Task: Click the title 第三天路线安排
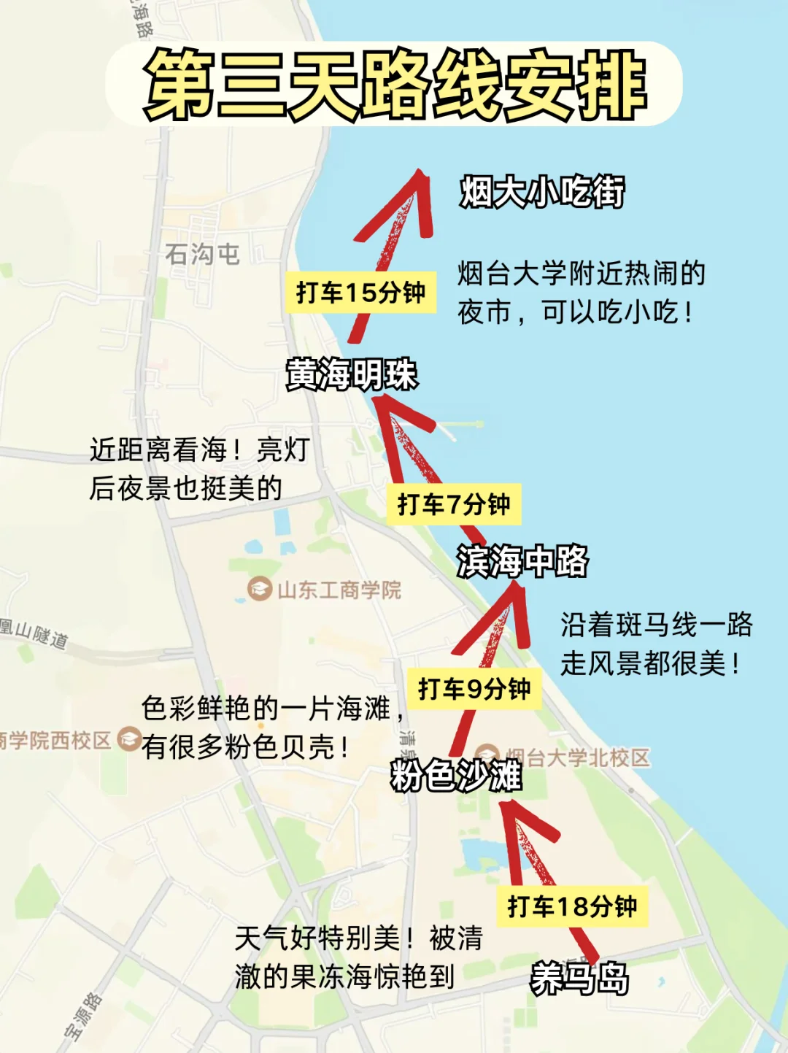395,84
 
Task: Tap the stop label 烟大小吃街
541,192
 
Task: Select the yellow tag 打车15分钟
360,293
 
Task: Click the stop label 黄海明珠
352,375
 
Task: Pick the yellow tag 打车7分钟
453,504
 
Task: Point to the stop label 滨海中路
522,561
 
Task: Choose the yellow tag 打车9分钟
474,688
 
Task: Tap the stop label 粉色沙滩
456,775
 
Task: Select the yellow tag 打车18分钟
572,906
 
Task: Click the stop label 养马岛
579,978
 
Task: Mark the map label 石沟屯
202,254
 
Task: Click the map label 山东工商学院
339,590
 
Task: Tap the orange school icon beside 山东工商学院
259,589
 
